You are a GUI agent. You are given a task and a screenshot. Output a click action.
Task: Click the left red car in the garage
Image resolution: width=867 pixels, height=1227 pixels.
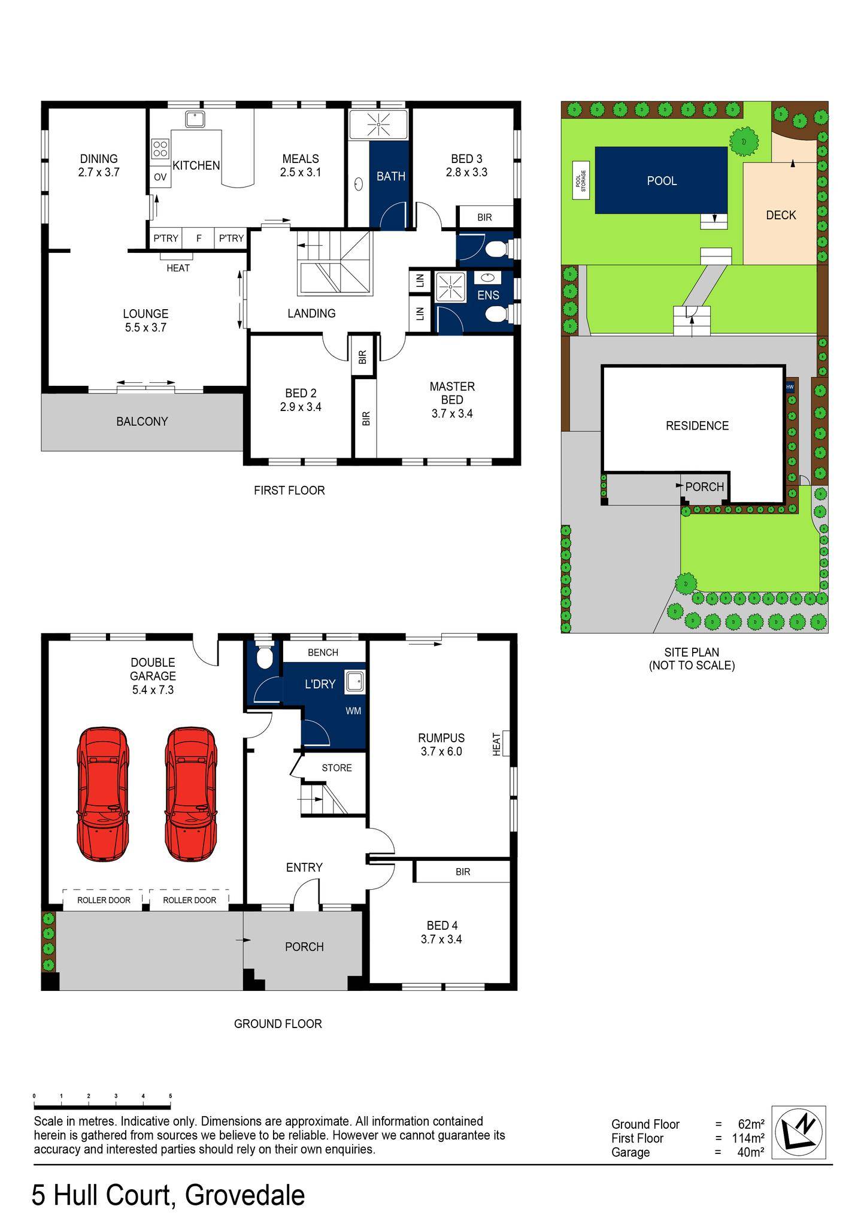pos(103,794)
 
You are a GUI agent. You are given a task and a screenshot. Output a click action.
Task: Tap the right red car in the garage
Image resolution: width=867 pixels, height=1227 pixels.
pos(191,794)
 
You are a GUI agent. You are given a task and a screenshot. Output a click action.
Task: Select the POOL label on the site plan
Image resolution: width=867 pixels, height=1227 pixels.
pos(662,181)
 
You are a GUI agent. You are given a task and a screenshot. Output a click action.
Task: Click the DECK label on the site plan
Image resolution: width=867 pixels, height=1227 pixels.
pos(781,215)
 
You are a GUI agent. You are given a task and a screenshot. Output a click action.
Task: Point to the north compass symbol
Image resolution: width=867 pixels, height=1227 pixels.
pos(799,1132)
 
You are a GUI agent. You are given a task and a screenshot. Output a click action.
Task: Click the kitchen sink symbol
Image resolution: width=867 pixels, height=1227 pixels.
pos(195,119)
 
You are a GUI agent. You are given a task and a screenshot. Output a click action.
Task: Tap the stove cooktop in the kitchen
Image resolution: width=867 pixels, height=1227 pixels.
pos(160,149)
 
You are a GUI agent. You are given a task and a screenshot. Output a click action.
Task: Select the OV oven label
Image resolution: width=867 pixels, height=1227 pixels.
pos(160,177)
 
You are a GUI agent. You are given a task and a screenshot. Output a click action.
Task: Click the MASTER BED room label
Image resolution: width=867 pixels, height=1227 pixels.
pos(451,393)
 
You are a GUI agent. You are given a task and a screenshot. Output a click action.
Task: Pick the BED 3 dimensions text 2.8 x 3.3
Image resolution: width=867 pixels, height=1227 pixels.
pos(466,173)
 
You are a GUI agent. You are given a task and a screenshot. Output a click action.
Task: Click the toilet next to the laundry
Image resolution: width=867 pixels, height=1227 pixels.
pos(264,657)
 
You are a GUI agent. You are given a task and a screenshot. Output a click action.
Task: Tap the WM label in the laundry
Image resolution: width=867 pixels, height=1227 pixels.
pos(353,711)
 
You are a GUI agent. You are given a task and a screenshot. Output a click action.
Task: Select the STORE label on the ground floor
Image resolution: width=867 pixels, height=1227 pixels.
pos(337,767)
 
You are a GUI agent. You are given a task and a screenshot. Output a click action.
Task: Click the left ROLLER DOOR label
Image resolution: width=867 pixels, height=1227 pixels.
pos(104,900)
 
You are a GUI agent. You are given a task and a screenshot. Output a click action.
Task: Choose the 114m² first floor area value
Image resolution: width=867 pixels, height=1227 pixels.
pos(748,1138)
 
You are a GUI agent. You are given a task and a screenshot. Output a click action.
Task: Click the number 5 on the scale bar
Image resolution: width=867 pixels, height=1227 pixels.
pos(171,1096)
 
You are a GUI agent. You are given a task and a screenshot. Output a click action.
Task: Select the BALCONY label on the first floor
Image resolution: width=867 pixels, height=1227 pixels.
pos(142,421)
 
